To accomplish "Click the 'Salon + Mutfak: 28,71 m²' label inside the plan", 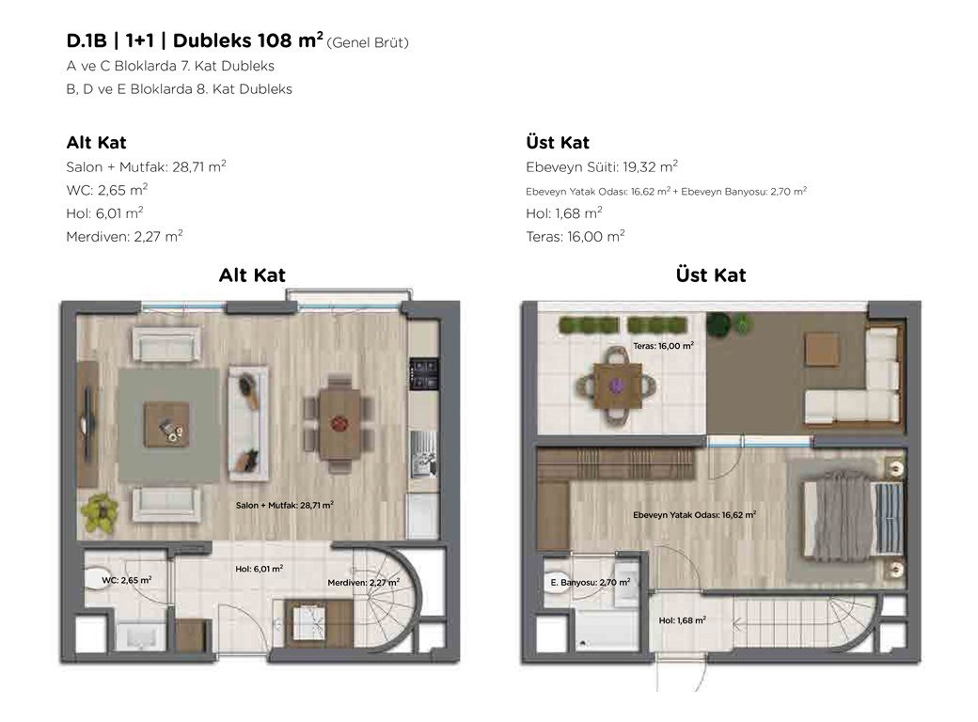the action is pos(284,505).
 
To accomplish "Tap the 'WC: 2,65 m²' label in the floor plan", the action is pos(127,580).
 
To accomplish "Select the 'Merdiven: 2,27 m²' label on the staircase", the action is pos(364,582).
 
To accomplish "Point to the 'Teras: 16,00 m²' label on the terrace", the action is pos(663,345).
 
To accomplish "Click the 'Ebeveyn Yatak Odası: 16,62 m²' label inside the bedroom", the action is pos(694,515).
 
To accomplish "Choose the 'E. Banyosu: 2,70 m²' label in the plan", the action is pos(590,582).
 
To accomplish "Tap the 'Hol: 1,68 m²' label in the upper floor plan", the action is pos(683,620).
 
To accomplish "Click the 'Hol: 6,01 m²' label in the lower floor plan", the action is pos(260,569).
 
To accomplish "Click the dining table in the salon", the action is pos(339,424).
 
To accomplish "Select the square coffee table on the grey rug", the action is pos(167,425).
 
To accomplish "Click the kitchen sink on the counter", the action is pos(423,454).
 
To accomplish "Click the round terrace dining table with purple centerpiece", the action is pos(617,387).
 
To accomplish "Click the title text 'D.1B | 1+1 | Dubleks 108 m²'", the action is pos(195,40).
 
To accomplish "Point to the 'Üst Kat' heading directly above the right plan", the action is pos(710,275).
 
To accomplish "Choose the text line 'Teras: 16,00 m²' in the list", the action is pos(576,236).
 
